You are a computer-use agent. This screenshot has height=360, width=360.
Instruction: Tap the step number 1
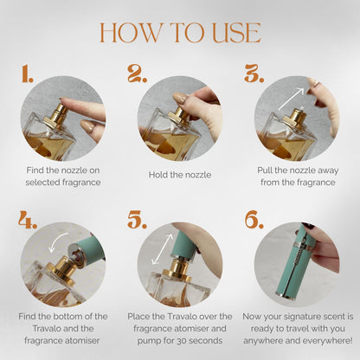[x=28, y=74]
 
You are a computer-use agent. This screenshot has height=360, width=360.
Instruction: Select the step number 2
[x=138, y=74]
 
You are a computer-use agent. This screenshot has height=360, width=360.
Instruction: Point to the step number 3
[x=254, y=74]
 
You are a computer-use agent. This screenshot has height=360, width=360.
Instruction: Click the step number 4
[x=28, y=220]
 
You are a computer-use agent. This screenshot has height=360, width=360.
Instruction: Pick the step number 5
[x=138, y=220]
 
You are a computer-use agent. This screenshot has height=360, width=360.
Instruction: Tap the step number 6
[x=254, y=220]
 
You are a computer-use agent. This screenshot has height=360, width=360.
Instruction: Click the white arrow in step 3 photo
[x=292, y=99]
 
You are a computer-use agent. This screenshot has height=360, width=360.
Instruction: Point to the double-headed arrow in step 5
[x=163, y=249]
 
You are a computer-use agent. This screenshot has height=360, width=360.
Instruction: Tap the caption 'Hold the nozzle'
[x=180, y=175]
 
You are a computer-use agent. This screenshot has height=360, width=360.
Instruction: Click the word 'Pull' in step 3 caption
[x=265, y=170]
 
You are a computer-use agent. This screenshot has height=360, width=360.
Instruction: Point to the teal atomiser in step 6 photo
[x=297, y=261]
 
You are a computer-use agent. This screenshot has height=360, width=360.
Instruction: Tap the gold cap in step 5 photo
[x=177, y=270]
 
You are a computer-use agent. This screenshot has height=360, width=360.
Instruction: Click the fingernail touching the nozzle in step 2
[x=180, y=98]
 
